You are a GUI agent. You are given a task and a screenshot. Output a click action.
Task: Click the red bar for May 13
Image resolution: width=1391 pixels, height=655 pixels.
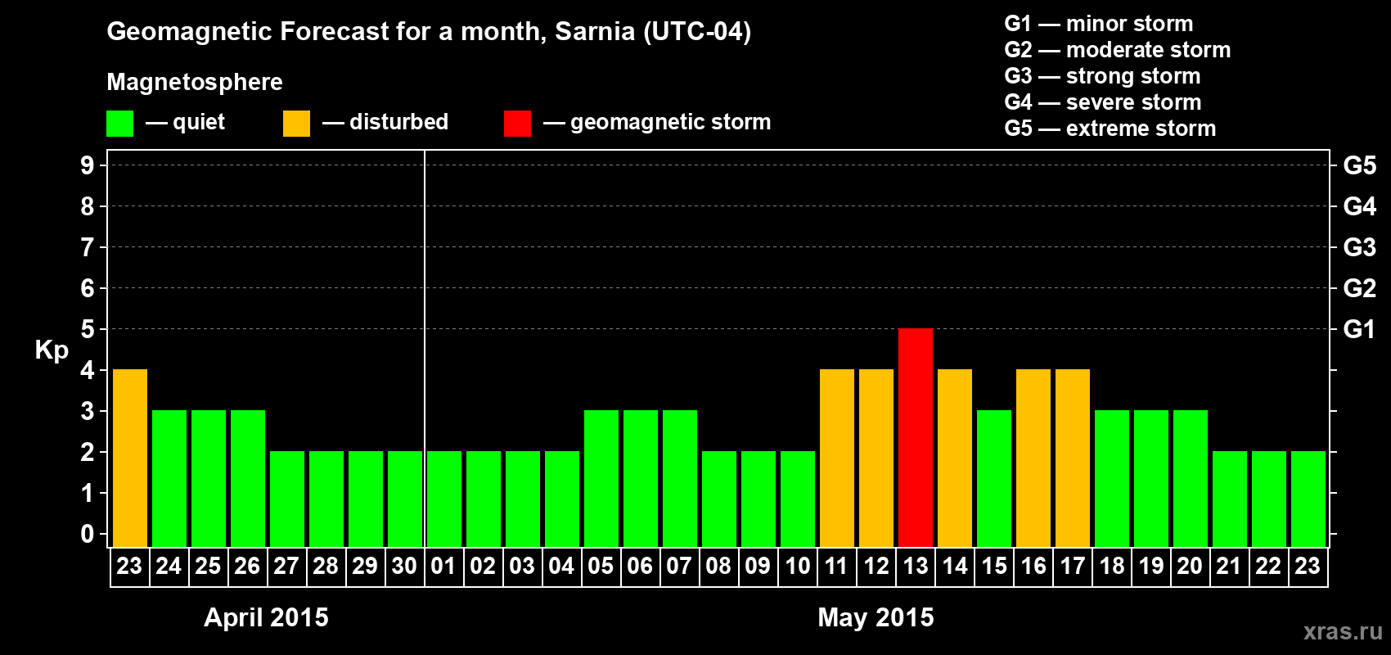pyautogui.click(x=916, y=437)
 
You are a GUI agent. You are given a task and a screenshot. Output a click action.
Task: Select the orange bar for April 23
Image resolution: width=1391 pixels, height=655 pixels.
pyautogui.click(x=130, y=458)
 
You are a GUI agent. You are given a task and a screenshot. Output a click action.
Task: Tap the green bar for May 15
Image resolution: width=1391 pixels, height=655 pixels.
pyautogui.click(x=994, y=478)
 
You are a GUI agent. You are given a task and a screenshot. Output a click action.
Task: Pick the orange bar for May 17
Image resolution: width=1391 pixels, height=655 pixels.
pyautogui.click(x=1073, y=458)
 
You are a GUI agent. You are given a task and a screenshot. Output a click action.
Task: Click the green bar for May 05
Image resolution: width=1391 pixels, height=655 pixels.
pyautogui.click(x=601, y=478)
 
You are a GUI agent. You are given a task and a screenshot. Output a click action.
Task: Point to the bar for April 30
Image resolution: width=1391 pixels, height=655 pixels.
pyautogui.click(x=405, y=499)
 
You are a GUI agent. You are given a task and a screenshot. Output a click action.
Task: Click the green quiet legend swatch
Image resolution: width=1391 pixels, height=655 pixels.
pyautogui.click(x=120, y=124)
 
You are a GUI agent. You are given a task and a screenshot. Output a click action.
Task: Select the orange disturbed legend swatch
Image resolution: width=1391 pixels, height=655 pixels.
pyautogui.click(x=297, y=124)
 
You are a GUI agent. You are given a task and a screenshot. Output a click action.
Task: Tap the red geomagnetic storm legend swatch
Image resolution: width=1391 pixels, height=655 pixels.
pyautogui.click(x=518, y=124)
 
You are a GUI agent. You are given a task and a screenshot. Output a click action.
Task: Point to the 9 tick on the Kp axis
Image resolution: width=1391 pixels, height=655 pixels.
pyautogui.click(x=88, y=165)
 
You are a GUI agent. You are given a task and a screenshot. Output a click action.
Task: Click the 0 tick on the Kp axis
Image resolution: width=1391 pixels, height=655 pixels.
pyautogui.click(x=88, y=535)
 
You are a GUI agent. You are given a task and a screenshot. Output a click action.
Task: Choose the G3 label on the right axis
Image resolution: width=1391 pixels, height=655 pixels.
pyautogui.click(x=1359, y=247)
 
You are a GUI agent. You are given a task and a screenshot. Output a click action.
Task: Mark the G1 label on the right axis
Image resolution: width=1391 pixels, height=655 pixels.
pyautogui.click(x=1359, y=329)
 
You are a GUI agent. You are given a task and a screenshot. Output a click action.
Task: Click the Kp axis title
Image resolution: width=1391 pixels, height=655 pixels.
pyautogui.click(x=52, y=350)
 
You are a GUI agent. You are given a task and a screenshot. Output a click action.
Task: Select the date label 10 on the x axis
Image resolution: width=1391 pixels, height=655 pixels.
pyautogui.click(x=798, y=566)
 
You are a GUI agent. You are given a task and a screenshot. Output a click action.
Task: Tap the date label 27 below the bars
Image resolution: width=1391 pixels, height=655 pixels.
pyautogui.click(x=286, y=566)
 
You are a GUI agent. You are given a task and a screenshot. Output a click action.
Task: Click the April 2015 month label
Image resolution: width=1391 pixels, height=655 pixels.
pyautogui.click(x=266, y=617)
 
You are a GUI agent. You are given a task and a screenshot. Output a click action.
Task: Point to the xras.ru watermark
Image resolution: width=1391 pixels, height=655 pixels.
pyautogui.click(x=1343, y=631)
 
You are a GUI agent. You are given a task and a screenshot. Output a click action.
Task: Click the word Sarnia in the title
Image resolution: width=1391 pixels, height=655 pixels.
pyautogui.click(x=595, y=31)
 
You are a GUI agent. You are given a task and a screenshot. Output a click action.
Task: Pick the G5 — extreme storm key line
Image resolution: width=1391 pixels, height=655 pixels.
pyautogui.click(x=1110, y=129)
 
